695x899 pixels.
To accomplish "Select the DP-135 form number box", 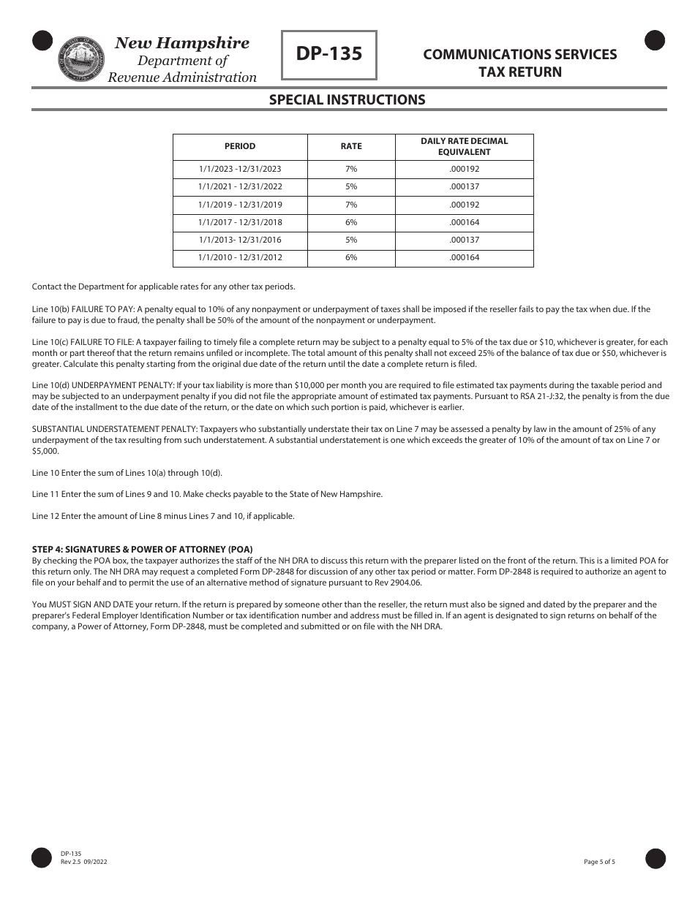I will (x=329, y=55).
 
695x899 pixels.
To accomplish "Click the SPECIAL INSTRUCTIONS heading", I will (x=347, y=99).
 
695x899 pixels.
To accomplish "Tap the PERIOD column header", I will (x=240, y=146).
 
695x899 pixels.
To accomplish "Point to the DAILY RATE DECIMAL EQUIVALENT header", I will (x=464, y=146).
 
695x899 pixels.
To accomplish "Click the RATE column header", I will (x=351, y=146).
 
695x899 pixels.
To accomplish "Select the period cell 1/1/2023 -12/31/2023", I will (x=240, y=169).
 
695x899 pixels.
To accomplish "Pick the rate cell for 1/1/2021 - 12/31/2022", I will (x=351, y=186).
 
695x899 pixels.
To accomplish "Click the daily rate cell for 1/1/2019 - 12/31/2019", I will (x=464, y=205).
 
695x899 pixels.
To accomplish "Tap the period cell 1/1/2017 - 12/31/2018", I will (x=240, y=222).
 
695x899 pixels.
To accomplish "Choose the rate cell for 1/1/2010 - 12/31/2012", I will (x=351, y=257).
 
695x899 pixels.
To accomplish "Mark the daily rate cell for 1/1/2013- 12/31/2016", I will (x=464, y=240).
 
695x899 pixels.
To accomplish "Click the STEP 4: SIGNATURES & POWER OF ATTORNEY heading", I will (x=142, y=549).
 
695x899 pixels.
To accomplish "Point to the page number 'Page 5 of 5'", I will (x=599, y=862).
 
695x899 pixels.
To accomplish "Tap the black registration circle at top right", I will (x=655, y=41).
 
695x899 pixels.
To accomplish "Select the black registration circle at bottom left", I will (x=42, y=858).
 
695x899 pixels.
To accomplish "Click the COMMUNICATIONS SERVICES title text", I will (x=519, y=55).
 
